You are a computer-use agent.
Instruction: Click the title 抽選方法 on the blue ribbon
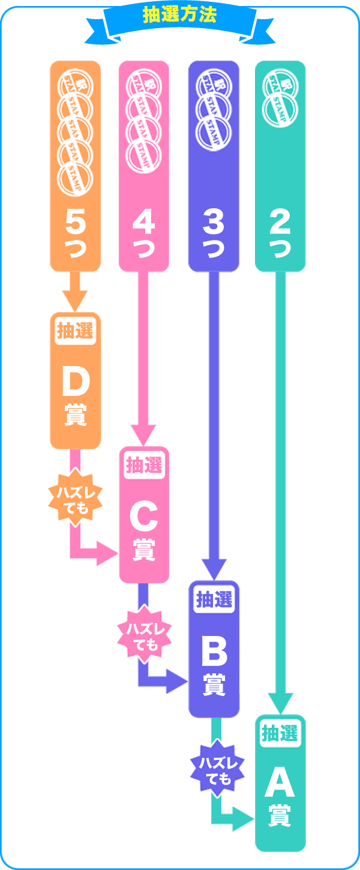(x=180, y=15)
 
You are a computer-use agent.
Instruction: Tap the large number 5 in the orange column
(x=75, y=223)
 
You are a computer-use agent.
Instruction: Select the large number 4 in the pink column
(x=144, y=223)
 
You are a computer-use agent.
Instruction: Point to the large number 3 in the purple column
(x=214, y=223)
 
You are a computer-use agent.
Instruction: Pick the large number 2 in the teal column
(x=280, y=223)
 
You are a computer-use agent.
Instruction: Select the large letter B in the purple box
(x=214, y=651)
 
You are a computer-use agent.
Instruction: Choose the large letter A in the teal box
(x=280, y=783)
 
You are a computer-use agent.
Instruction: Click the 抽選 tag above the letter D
(x=75, y=331)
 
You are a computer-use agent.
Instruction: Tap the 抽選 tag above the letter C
(x=144, y=466)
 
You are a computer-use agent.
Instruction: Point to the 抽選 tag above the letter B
(x=214, y=599)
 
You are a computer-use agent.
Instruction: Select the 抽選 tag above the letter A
(x=280, y=733)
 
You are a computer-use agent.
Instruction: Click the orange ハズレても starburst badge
(x=75, y=500)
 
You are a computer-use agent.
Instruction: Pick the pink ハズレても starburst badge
(x=144, y=636)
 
